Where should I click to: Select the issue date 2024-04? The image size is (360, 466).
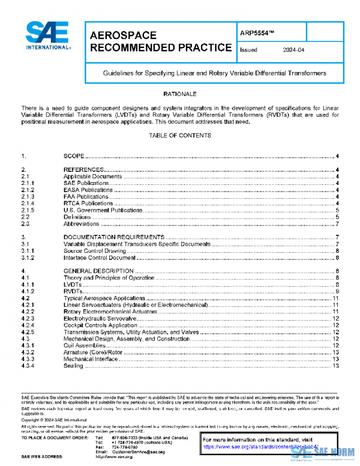pyautogui.click(x=294, y=50)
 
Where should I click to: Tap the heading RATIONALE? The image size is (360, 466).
pyautogui.click(x=179, y=94)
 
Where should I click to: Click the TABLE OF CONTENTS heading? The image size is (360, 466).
pyautogui.click(x=179, y=136)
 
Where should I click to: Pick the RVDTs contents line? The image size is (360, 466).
pyautogui.click(x=74, y=291)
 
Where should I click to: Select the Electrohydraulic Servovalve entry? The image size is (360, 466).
pyautogui.click(x=101, y=318)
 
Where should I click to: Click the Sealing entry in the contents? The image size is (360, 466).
pyautogui.click(x=73, y=366)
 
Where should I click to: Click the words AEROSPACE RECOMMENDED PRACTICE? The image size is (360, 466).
pyautogui.click(x=160, y=41)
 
